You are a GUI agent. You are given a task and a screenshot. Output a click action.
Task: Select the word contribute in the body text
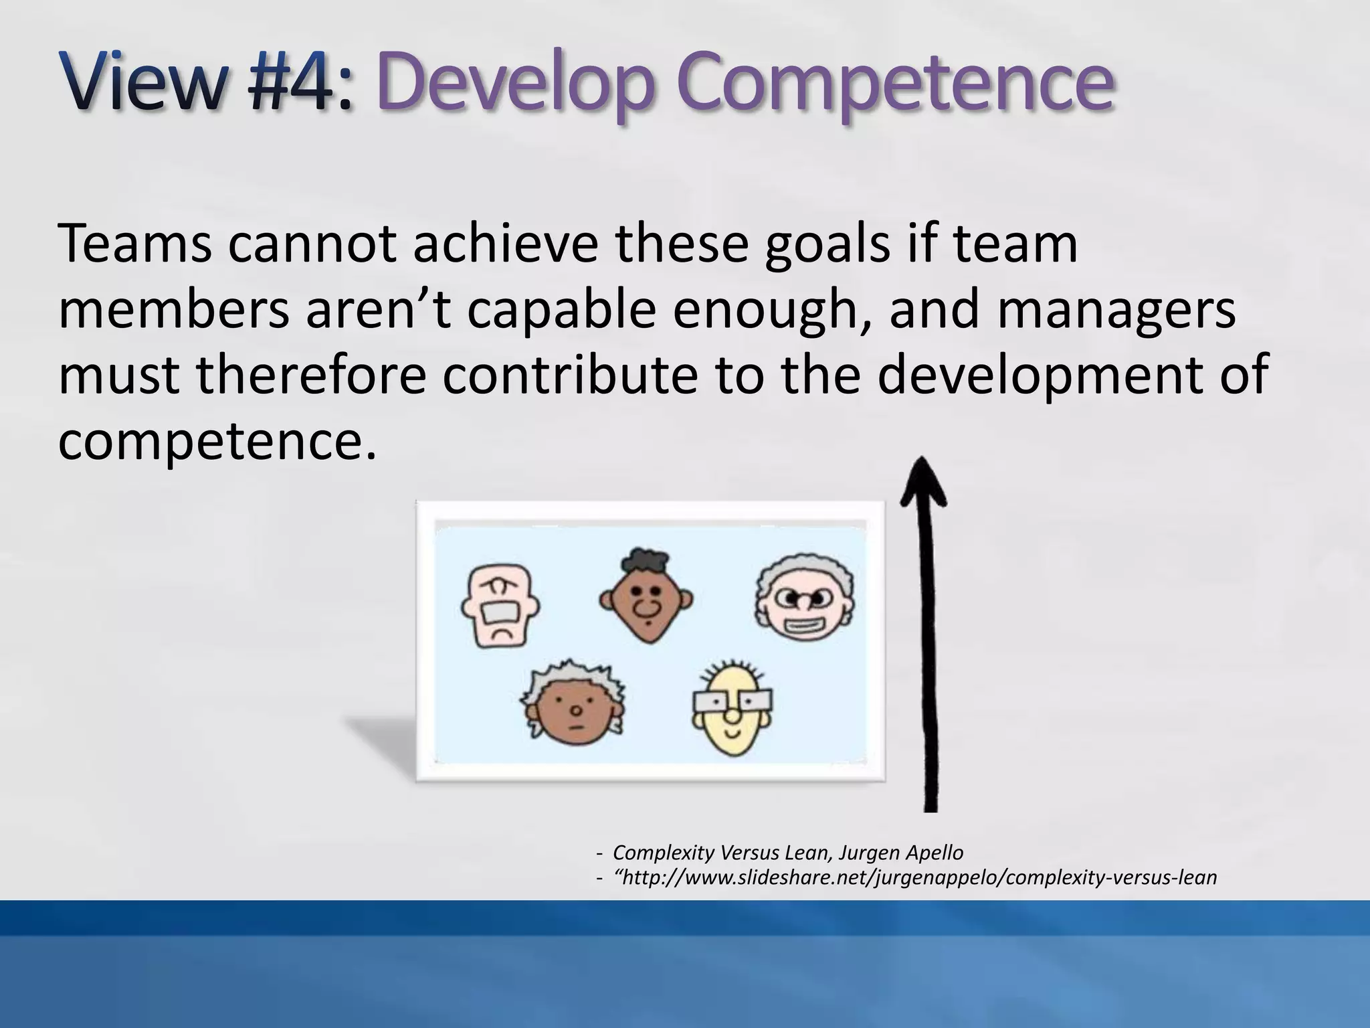[570, 375]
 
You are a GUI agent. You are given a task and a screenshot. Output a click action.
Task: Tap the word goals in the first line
[827, 244]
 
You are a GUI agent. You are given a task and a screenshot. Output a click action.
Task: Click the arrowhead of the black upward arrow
[922, 482]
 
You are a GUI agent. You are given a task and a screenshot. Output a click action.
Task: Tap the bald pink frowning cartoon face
[500, 606]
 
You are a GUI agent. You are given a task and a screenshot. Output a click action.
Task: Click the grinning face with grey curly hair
[805, 599]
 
